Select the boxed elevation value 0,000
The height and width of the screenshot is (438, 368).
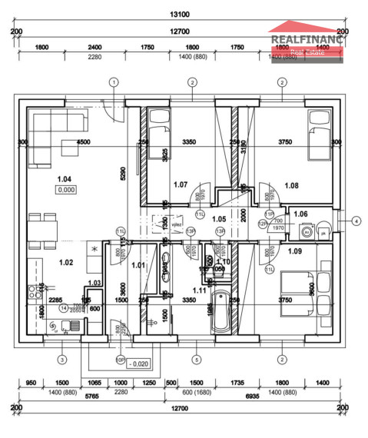(x=65, y=190)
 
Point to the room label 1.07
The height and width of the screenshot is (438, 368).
(x=181, y=184)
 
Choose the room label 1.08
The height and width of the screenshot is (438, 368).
(x=292, y=185)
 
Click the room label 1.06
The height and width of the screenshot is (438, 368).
(x=300, y=214)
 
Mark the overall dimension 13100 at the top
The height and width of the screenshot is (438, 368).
(x=180, y=14)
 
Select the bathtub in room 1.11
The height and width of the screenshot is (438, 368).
(x=220, y=310)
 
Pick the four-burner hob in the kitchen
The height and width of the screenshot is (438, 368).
(x=35, y=291)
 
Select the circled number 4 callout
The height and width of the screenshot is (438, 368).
(x=356, y=221)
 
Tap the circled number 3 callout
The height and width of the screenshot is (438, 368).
(x=62, y=359)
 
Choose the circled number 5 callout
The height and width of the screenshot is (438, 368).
(x=197, y=359)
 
